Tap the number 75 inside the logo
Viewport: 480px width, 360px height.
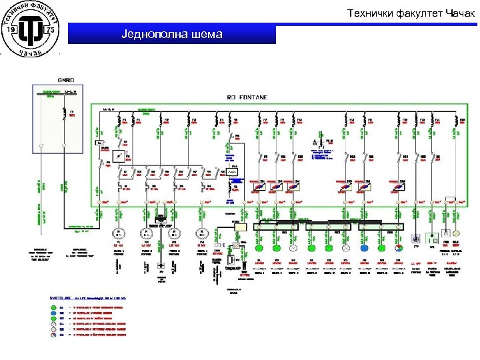(50, 30)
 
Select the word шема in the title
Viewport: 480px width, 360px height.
(207, 34)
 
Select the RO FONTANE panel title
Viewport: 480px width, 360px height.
(248, 97)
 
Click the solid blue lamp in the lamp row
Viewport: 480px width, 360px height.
(364, 247)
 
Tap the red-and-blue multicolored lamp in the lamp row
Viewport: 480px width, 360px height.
(399, 247)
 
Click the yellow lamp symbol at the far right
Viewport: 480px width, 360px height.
(456, 235)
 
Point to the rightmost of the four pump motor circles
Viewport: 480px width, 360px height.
(201, 234)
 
